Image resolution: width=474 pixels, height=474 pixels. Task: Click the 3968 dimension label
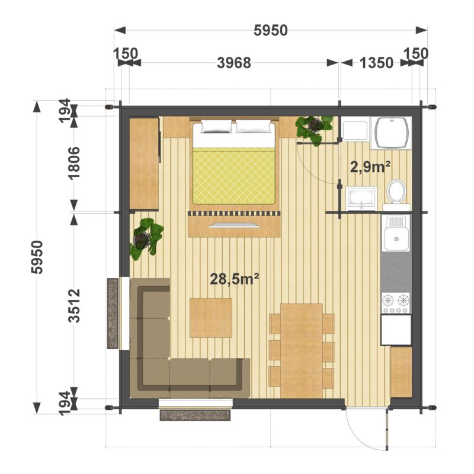(x=234, y=63)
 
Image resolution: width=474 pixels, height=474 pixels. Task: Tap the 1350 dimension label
(x=376, y=63)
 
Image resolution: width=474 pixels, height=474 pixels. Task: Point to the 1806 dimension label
(x=74, y=164)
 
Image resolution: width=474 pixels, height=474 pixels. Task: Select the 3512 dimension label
(x=74, y=306)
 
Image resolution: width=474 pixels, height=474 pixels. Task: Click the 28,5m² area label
(x=235, y=278)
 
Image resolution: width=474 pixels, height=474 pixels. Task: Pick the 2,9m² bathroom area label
(x=370, y=166)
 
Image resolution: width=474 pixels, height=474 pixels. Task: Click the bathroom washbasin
(x=361, y=198)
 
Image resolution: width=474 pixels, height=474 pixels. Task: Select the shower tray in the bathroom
(x=391, y=133)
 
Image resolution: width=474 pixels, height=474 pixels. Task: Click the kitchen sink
(x=396, y=233)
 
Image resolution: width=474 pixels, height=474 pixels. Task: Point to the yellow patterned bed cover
(x=234, y=176)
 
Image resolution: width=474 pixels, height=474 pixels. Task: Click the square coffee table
(x=211, y=318)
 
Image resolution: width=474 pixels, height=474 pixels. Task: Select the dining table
(x=302, y=351)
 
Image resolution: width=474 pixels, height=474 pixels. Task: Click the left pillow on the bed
(x=216, y=126)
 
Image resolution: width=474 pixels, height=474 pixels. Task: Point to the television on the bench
(x=234, y=225)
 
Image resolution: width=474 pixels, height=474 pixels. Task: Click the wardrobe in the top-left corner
(x=144, y=164)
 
